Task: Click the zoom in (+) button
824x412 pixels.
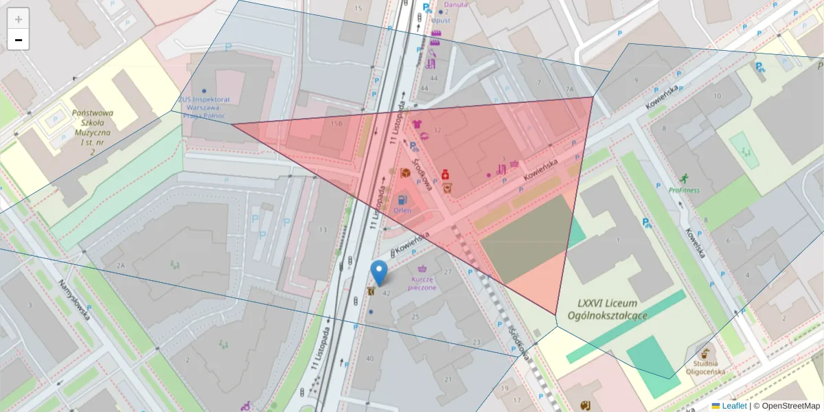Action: click(x=19, y=19)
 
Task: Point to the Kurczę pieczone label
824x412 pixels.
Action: click(x=422, y=284)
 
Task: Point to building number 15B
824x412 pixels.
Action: click(x=336, y=124)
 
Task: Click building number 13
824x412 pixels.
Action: click(x=323, y=229)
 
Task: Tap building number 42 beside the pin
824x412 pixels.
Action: click(x=386, y=293)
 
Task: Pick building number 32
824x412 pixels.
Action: click(x=437, y=130)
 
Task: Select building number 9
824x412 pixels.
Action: click(x=637, y=81)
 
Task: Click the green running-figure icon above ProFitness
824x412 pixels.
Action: click(x=683, y=178)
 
